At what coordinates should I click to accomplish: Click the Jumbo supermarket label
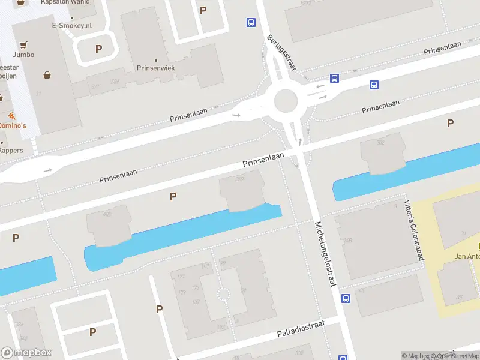click(23, 55)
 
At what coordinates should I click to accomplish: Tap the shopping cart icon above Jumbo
click(23, 44)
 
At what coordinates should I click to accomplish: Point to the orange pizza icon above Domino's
click(11, 115)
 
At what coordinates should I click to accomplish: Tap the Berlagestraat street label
click(282, 52)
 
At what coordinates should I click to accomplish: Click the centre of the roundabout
click(286, 101)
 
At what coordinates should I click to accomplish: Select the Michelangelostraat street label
click(325, 254)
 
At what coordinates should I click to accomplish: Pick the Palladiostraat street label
click(301, 329)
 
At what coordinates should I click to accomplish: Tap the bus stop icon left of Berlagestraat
click(250, 23)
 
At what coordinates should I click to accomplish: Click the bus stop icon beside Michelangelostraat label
click(346, 298)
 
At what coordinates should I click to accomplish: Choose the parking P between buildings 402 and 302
click(173, 196)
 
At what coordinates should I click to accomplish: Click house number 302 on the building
click(240, 179)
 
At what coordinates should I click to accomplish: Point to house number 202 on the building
click(380, 142)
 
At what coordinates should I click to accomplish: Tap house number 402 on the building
click(107, 214)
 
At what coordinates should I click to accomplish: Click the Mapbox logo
click(26, 353)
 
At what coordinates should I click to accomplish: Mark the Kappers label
click(12, 150)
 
